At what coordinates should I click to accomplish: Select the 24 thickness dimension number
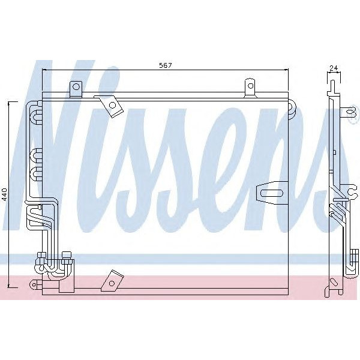pos(333,68)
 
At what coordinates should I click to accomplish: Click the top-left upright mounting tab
pos(76,88)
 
